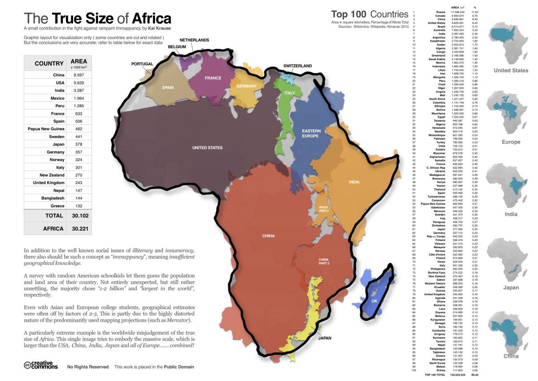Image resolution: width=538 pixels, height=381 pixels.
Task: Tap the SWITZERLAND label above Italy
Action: click(x=297, y=66)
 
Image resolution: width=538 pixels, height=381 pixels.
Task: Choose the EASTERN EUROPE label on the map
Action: click(x=311, y=134)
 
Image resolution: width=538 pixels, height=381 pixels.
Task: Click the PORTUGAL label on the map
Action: click(x=142, y=64)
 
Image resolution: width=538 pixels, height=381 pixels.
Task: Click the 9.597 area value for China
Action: click(x=79, y=75)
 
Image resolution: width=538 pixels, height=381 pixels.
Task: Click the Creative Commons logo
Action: click(x=41, y=365)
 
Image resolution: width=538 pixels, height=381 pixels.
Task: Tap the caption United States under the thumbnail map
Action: click(x=511, y=70)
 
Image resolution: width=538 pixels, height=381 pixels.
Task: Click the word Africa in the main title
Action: click(x=151, y=18)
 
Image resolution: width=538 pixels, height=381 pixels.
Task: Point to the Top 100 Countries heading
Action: click(x=369, y=14)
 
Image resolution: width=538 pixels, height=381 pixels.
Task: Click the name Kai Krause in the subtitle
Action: click(x=161, y=28)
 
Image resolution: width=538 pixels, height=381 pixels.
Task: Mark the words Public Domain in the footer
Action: click(x=179, y=367)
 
